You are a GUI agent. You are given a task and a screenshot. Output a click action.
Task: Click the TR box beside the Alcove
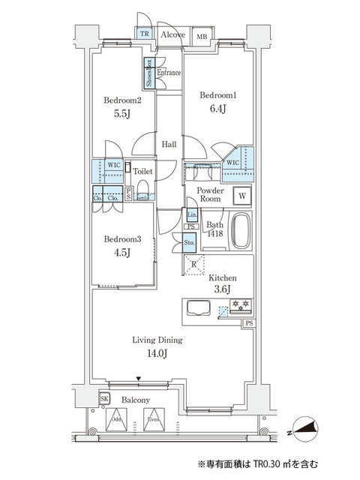click(142, 34)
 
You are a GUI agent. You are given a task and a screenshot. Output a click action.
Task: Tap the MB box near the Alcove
click(201, 36)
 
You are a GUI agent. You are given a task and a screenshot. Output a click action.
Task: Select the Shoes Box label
click(148, 73)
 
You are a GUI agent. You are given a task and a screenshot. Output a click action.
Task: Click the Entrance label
click(169, 73)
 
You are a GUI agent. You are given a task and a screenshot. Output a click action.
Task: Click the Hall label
click(169, 145)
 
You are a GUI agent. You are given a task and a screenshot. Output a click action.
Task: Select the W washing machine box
click(242, 196)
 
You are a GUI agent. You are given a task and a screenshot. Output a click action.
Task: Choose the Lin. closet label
click(191, 215)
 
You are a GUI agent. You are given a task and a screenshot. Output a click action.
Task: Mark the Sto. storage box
click(190, 242)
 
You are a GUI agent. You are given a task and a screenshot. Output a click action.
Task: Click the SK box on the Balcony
click(104, 399)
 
